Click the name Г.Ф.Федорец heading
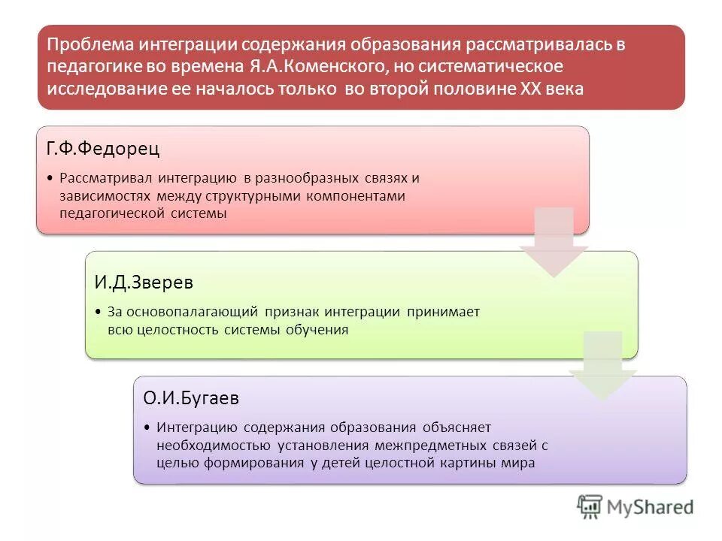coord(103,149)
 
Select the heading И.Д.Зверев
coord(144,282)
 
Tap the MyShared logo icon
coord(590,506)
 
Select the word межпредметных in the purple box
coord(423,445)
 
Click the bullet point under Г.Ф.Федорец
coord(50,179)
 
